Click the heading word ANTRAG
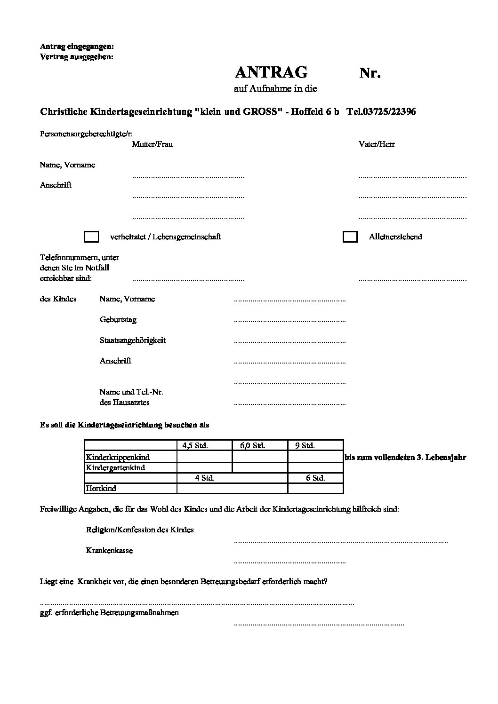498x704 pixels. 271,72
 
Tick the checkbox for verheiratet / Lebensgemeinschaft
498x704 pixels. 91,237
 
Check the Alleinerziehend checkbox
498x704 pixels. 350,237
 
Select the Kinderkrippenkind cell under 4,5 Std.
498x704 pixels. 204,457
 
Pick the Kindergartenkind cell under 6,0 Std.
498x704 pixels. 260,467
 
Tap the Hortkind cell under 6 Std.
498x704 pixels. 315,488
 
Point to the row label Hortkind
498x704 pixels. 101,488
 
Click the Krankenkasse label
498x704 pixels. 109,550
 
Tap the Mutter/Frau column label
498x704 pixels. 153,144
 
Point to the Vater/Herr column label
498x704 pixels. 377,144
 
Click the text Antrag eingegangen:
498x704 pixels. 77,47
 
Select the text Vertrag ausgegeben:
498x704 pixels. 77,57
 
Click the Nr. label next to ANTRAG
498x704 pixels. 370,73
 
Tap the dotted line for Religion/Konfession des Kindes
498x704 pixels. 340,542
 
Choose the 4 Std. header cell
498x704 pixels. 205,478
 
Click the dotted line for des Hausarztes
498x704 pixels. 289,404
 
